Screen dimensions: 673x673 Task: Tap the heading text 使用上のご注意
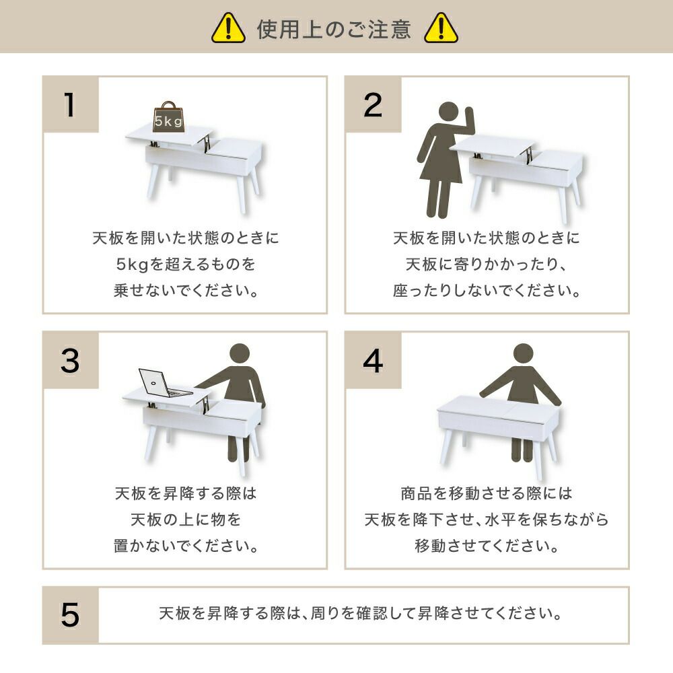click(334, 29)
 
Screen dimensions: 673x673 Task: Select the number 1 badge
click(71, 104)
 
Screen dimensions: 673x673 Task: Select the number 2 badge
click(373, 104)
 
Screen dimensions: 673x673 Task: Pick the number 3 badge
click(71, 360)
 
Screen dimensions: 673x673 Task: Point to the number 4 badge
click(373, 360)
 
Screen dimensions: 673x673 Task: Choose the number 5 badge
click(71, 614)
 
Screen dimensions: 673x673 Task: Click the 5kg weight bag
click(168, 116)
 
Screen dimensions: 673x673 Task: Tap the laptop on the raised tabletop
click(164, 383)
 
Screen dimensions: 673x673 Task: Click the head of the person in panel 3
click(240, 354)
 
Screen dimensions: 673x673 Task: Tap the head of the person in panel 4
click(523, 354)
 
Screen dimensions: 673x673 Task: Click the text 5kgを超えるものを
click(186, 264)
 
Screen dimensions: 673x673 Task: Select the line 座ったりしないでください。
click(487, 291)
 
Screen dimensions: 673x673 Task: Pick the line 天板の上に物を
click(186, 520)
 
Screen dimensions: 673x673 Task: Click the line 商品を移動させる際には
click(487, 493)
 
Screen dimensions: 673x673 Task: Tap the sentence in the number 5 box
click(361, 613)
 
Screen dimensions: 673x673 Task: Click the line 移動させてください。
click(487, 546)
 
